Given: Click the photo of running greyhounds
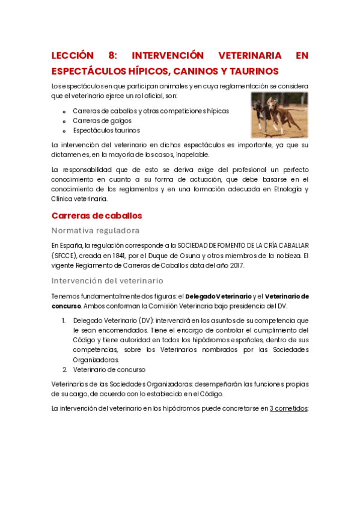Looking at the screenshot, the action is coord(279,115).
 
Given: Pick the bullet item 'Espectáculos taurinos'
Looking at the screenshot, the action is coord(106,130).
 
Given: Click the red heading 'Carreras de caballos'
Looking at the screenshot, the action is coord(97,215).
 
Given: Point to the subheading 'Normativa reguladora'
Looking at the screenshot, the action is coord(96,230).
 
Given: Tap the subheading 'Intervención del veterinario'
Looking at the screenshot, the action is coord(108,280).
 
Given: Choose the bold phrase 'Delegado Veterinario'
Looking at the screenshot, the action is coord(218,296).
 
